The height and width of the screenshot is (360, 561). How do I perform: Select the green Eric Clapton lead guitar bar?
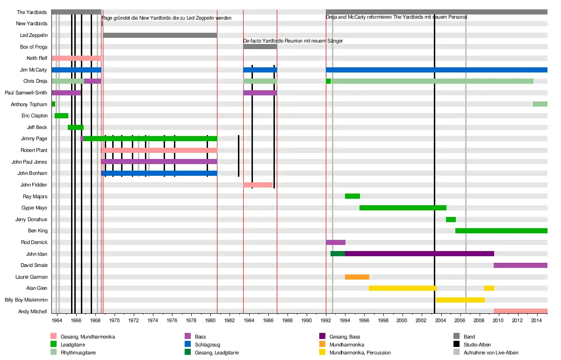[61, 115]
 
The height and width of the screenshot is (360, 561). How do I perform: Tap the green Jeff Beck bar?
[76, 127]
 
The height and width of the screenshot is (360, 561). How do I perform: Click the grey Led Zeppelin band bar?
[160, 35]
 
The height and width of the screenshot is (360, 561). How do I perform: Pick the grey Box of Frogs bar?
[260, 46]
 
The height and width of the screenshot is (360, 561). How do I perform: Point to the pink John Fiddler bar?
[258, 185]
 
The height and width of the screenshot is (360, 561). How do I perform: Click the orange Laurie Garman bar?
[357, 277]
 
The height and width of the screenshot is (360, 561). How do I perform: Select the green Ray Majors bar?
[352, 196]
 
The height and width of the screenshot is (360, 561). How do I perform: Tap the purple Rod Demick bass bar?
[336, 242]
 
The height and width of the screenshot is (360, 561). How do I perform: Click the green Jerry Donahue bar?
[451, 219]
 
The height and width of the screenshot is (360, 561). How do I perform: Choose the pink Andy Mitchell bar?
[520, 311]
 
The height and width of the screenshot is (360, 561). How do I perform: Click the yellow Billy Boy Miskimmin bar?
[460, 300]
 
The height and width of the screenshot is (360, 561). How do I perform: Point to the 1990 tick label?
[306, 320]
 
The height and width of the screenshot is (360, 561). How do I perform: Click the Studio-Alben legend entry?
[477, 345]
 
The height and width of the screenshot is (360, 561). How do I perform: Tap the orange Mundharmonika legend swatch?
[323, 345]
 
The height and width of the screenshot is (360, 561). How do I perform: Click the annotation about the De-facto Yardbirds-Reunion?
[293, 41]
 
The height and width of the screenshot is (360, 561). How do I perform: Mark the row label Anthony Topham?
[29, 104]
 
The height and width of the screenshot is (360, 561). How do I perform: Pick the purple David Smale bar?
[520, 265]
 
